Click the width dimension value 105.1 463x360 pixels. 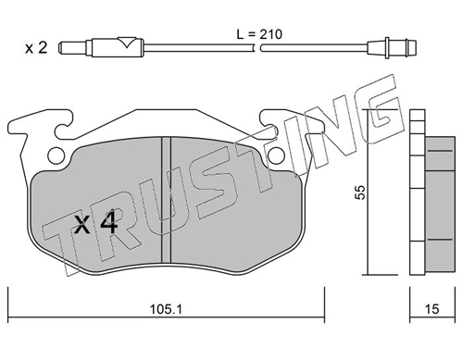(166, 309)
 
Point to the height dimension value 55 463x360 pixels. (360, 192)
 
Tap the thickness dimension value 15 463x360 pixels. (432, 309)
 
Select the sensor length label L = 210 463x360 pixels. (259, 34)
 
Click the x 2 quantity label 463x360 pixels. (36, 48)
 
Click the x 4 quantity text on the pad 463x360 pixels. (96, 222)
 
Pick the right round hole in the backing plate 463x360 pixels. (276, 155)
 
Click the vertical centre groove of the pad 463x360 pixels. (167, 200)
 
